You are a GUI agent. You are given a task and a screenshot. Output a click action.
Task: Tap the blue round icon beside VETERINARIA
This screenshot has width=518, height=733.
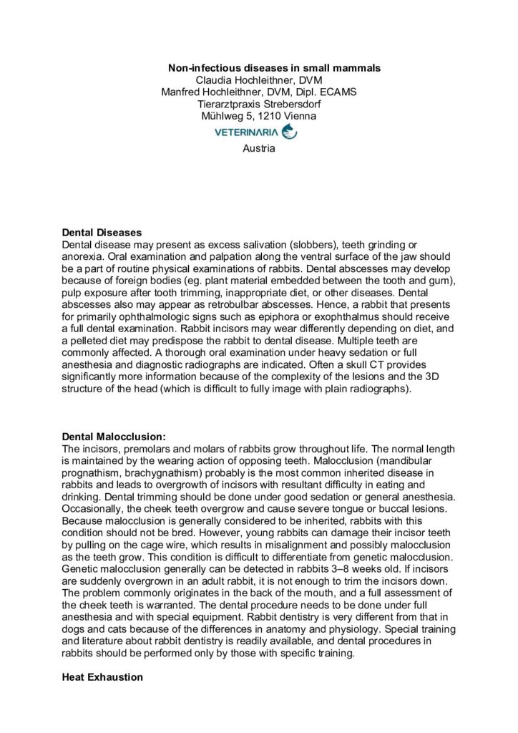[x=290, y=132]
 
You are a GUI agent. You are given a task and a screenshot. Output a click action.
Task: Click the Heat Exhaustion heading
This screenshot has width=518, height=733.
[x=103, y=674]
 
